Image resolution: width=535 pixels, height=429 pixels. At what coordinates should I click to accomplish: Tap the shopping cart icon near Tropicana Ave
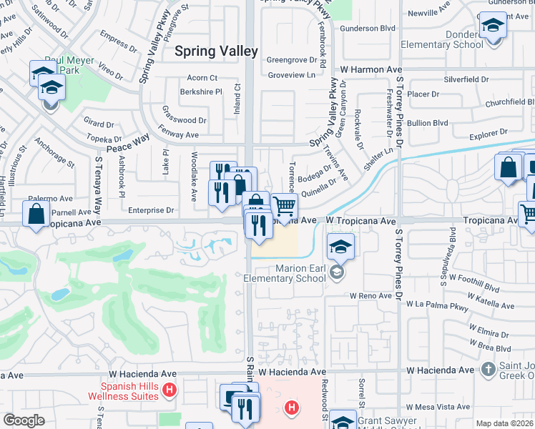[285, 207]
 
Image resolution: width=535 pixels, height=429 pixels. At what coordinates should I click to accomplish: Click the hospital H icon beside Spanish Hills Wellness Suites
[169, 390]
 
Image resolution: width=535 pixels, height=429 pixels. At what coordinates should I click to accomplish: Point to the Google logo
[24, 420]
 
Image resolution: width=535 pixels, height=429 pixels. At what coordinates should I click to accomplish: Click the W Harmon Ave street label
[371, 69]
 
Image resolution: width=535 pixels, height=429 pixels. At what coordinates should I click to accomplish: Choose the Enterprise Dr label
[151, 210]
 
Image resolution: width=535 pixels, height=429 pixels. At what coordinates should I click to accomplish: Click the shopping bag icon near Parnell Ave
[36, 214]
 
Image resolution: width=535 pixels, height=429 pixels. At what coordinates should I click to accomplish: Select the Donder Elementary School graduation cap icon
[492, 26]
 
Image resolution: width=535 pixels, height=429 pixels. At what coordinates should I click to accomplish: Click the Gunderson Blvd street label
[368, 28]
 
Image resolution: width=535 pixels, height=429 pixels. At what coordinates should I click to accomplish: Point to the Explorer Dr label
[489, 132]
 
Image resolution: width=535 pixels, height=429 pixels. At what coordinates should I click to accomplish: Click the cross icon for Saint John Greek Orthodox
[489, 369]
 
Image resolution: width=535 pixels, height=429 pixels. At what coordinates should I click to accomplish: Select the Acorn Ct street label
[202, 77]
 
